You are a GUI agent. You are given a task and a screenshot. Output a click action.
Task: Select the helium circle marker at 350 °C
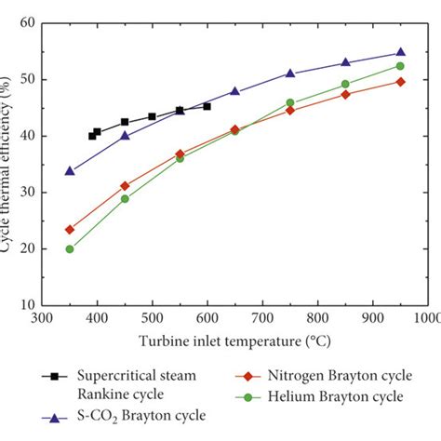(70, 248)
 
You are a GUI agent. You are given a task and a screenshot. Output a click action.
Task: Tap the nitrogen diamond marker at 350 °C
(70, 229)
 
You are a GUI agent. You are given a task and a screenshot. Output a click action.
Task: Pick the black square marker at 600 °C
(207, 106)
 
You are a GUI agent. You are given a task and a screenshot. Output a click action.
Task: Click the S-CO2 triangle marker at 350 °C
(70, 171)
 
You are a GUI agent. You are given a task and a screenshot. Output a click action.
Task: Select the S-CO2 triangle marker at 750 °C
(290, 73)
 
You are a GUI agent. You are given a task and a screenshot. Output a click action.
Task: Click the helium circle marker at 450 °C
(125, 199)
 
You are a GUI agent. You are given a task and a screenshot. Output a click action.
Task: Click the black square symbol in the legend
(54, 376)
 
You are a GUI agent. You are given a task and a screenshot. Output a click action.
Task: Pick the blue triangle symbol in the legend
(54, 418)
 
